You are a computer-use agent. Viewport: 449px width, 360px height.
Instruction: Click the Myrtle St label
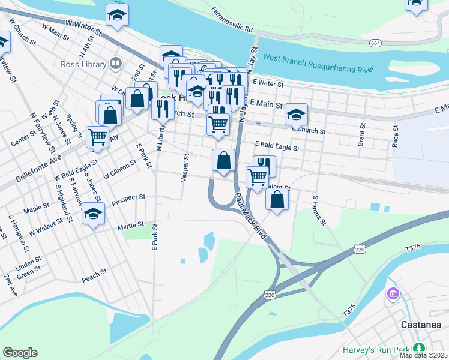click(x=131, y=225)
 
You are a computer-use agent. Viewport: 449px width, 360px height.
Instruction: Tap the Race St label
click(x=395, y=136)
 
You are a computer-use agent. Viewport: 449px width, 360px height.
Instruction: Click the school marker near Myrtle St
click(x=93, y=214)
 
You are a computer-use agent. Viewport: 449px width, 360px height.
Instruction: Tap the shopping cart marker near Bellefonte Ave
click(x=97, y=136)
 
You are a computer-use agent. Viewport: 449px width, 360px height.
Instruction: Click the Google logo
click(x=20, y=353)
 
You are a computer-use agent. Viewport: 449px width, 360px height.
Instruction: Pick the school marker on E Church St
click(x=296, y=113)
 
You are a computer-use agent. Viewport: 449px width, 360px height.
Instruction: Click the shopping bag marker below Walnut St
click(x=277, y=199)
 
